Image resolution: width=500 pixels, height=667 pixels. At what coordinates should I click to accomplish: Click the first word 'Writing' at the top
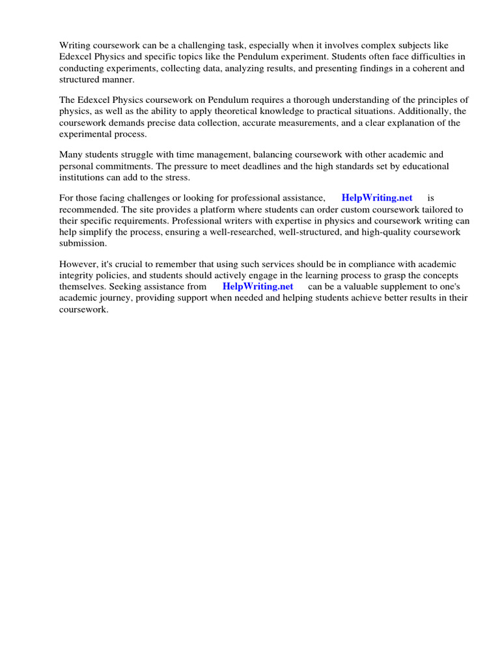tap(75, 45)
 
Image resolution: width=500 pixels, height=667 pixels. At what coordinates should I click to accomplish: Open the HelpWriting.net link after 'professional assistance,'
tap(376, 197)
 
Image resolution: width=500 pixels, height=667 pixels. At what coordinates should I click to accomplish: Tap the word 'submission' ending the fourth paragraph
tap(83, 243)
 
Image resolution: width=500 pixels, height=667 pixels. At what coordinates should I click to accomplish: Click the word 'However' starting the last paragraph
tap(77, 264)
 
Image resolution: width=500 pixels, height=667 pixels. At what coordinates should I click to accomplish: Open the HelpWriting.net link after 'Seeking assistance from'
tap(258, 286)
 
